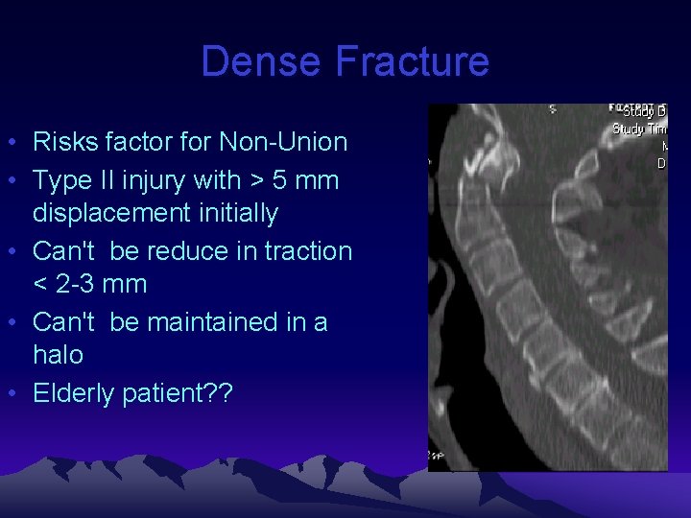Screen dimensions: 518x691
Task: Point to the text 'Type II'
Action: [x=69, y=180]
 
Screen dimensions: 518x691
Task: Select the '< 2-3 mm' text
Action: [x=89, y=284]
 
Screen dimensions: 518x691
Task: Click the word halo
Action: [x=58, y=355]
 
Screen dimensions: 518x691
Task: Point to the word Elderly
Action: [x=74, y=393]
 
